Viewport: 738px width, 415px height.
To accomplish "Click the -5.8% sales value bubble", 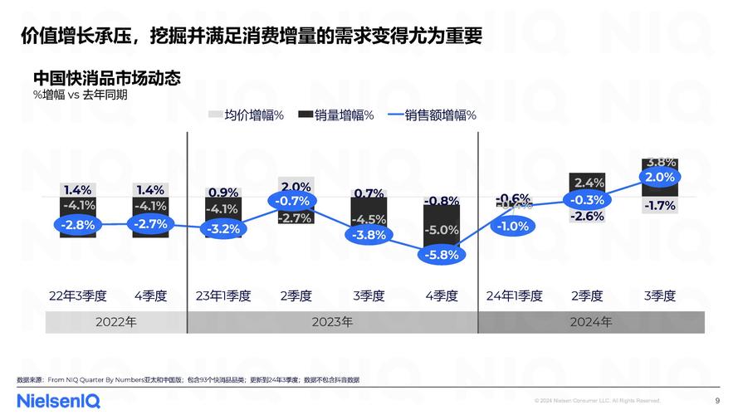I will pyautogui.click(x=441, y=255).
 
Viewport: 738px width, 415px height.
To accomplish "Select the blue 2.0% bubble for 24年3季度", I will pyautogui.click(x=659, y=177).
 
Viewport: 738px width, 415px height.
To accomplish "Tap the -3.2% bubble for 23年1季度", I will pyautogui.click(x=222, y=229).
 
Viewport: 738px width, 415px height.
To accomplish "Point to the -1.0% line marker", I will pyautogui.click(x=513, y=226).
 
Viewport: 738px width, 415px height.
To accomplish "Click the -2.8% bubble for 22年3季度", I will pyautogui.click(x=78, y=224).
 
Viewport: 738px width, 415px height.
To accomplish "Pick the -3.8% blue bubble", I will pyautogui.click(x=369, y=235).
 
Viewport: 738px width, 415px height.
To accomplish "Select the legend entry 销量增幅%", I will pyautogui.click(x=335, y=115).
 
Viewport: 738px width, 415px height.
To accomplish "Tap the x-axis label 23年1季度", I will pyautogui.click(x=222, y=295).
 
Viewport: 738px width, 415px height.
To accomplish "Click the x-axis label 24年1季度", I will pyautogui.click(x=514, y=295).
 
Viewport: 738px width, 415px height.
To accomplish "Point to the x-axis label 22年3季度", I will pyautogui.click(x=78, y=295).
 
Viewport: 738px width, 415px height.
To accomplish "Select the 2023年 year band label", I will pyautogui.click(x=332, y=322).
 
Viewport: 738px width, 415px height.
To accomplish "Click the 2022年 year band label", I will pyautogui.click(x=115, y=322).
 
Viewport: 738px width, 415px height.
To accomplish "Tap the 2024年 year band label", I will pyautogui.click(x=591, y=322).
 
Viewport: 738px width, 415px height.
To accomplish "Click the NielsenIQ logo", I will pyautogui.click(x=58, y=400).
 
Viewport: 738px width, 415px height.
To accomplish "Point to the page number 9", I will pyautogui.click(x=717, y=400).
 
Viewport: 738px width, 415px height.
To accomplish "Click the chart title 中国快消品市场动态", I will pyautogui.click(x=107, y=79).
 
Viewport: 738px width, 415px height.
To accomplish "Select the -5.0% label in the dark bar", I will pyautogui.click(x=441, y=230).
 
